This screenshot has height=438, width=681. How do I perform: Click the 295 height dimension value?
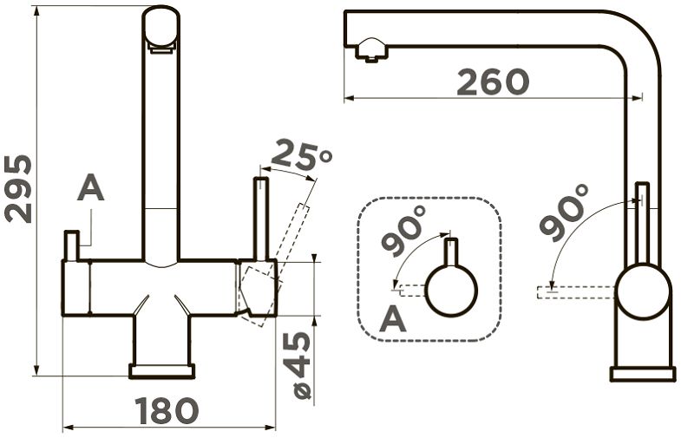tap(18, 188)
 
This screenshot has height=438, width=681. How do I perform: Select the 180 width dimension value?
tap(167, 410)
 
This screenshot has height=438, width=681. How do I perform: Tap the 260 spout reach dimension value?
tap(494, 82)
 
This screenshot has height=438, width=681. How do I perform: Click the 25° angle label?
tap(300, 155)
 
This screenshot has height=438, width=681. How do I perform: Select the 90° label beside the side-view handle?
tap(564, 212)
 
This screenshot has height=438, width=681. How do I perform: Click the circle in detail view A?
tap(452, 290)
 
